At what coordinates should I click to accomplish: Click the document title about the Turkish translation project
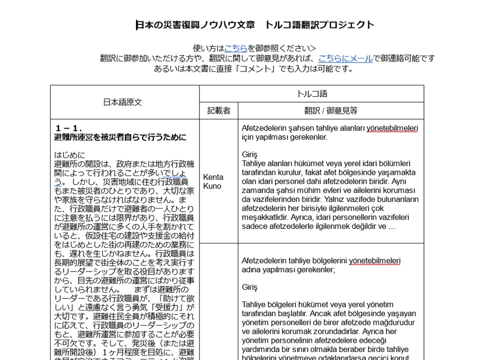click(x=255, y=25)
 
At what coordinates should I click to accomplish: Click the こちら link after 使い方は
click(x=235, y=48)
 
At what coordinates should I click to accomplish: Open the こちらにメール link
click(x=345, y=58)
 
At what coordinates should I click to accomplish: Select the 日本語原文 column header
click(x=122, y=102)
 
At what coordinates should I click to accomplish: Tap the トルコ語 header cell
click(x=311, y=94)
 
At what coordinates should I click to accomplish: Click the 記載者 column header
click(x=218, y=111)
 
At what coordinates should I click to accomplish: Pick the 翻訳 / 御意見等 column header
click(x=330, y=111)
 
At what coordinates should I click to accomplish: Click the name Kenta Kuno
click(x=213, y=182)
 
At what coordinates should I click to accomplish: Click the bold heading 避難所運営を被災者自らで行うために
click(x=120, y=137)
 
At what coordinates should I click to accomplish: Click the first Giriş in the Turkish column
click(x=249, y=154)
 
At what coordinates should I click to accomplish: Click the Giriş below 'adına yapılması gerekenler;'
click(x=249, y=287)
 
